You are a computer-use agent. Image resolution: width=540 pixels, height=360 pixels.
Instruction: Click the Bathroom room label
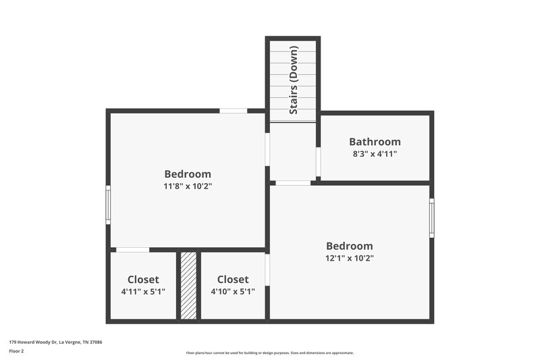tap(375, 142)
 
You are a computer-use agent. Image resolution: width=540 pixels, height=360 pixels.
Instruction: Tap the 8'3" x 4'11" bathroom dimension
tap(375, 154)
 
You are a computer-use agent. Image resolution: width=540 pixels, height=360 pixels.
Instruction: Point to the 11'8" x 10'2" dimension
tap(188, 186)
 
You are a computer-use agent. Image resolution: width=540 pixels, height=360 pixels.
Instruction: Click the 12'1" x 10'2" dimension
tap(349, 258)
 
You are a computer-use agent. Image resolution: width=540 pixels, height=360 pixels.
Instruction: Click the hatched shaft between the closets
tap(188, 286)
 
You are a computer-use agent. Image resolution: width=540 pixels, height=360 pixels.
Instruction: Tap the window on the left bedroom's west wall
tap(108, 205)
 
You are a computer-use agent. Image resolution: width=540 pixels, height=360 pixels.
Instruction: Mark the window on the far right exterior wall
tap(432, 217)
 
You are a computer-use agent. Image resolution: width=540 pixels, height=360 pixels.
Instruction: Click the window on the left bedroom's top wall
tap(233, 111)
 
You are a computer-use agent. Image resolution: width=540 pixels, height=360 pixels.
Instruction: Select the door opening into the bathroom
tap(318, 162)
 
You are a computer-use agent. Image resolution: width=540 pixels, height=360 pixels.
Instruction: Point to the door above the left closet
tap(133, 250)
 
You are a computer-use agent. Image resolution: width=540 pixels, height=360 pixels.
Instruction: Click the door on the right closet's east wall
tap(267, 269)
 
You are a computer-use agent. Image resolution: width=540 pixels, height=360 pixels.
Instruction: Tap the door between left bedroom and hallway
tap(267, 149)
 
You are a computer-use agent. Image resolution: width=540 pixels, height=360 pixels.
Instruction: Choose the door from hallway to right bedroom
tap(293, 182)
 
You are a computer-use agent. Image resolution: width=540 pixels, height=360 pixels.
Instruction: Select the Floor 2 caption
tap(16, 351)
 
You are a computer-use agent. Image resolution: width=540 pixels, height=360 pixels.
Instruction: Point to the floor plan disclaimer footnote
tap(270, 353)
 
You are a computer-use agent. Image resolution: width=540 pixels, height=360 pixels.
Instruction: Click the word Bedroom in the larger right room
tap(349, 246)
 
